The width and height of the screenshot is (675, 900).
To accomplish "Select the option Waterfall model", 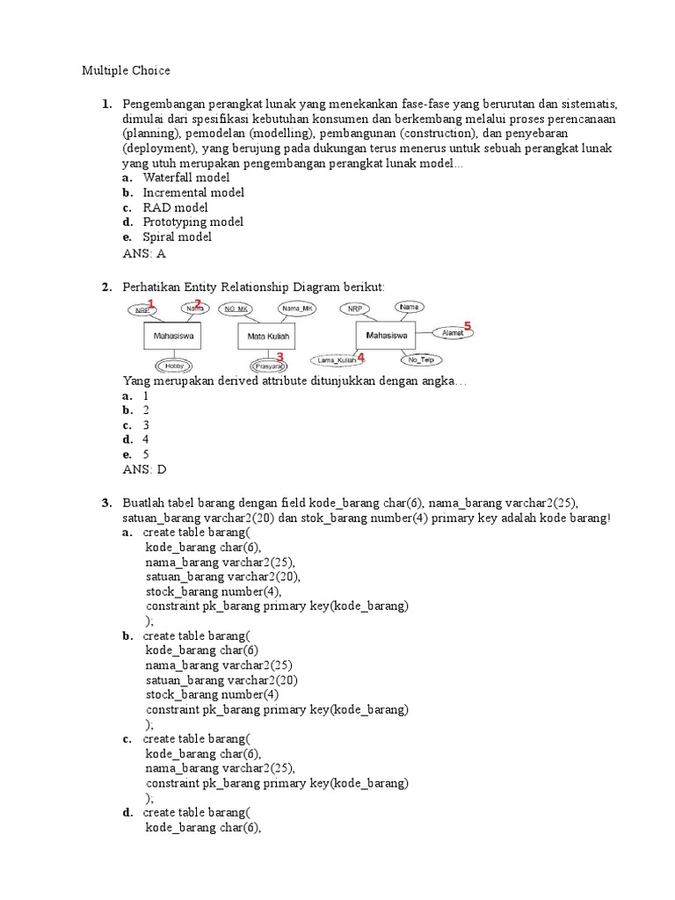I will [x=186, y=178].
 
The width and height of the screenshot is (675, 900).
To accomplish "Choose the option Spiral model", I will [x=178, y=237].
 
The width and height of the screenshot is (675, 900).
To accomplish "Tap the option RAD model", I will [x=176, y=207].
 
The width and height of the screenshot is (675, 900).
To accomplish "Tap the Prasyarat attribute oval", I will [x=266, y=366].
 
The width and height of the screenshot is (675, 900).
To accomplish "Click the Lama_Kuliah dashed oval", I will [x=337, y=359].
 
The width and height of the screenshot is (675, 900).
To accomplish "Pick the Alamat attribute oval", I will [x=453, y=333].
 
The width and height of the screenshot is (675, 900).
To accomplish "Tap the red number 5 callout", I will [x=468, y=326].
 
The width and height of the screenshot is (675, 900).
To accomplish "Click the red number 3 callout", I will [x=279, y=357].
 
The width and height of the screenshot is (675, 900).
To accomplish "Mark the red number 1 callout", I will [x=151, y=304].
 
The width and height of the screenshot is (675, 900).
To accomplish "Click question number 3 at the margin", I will [x=105, y=503].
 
